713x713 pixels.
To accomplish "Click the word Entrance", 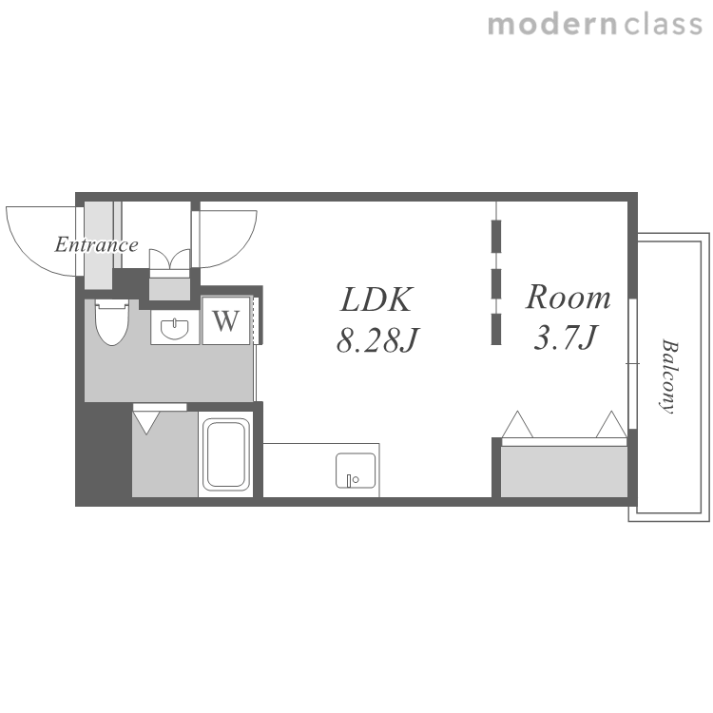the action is click(96, 244).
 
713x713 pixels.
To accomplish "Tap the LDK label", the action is click(376, 299).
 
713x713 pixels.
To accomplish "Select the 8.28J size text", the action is click(377, 339).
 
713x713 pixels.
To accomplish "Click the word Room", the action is click(568, 297).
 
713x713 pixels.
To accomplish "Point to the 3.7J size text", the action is click(566, 337).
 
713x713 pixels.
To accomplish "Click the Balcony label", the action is click(669, 376).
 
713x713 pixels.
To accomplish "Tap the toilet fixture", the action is click(112, 321).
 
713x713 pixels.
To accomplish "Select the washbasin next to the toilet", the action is click(175, 329).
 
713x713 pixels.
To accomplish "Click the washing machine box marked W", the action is click(226, 320).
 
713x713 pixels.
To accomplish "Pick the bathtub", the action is click(226, 454).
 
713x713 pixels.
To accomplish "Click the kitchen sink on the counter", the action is click(356, 471).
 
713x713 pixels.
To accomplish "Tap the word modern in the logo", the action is click(552, 25).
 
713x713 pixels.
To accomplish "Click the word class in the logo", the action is click(664, 25).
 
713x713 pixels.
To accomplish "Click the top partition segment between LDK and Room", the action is click(496, 236).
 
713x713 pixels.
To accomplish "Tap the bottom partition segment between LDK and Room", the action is click(496, 329).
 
